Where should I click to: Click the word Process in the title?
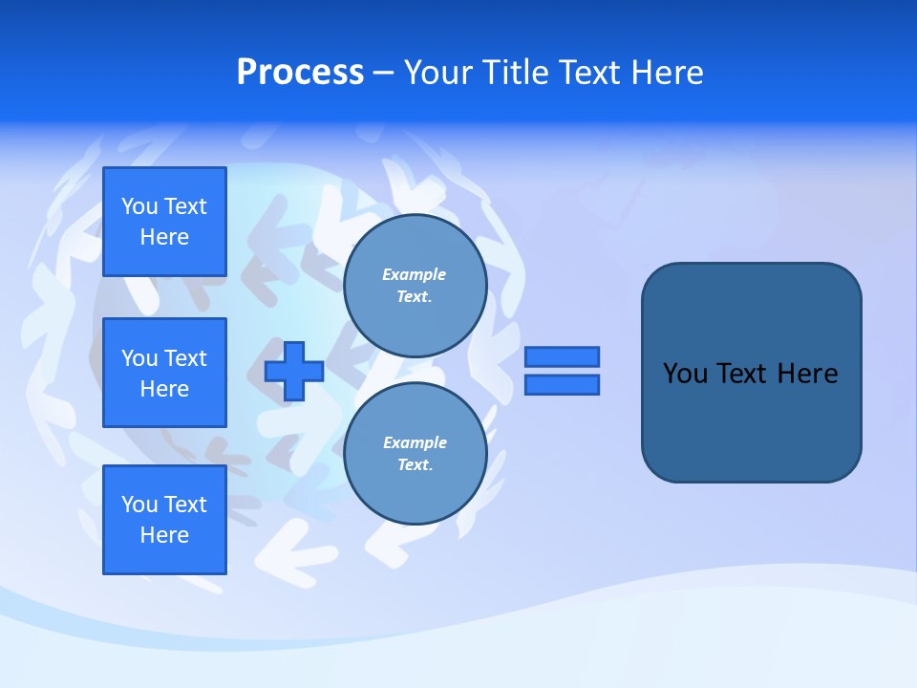point(300,73)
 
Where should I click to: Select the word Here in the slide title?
point(665,73)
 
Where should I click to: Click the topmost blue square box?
point(164,222)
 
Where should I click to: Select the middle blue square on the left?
point(164,373)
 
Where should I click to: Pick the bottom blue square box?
point(164,520)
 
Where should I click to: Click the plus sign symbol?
point(294,371)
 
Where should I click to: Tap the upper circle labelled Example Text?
point(415,285)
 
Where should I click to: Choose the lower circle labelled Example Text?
point(415,453)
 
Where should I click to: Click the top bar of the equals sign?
point(563,356)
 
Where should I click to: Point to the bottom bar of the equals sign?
point(563,384)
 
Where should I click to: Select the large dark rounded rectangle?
point(751,373)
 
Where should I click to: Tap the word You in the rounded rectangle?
point(685,374)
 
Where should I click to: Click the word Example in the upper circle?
point(415,274)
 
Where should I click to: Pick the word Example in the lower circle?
point(415,442)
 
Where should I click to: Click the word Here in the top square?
point(164,237)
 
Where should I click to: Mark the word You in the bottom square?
point(139,505)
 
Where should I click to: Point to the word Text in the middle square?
point(185,358)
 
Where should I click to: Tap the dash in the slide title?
point(384,73)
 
